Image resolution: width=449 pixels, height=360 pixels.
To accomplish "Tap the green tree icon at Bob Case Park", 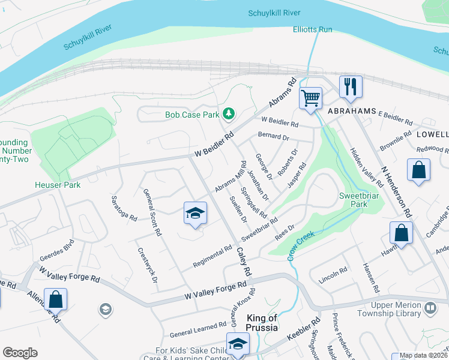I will tap(228, 113).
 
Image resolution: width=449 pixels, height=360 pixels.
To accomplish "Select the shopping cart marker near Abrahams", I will tap(310, 98).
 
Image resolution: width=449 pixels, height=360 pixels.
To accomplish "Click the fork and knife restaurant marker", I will tap(350, 87).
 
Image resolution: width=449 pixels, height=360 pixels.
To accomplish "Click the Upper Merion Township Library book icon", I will tap(430, 308).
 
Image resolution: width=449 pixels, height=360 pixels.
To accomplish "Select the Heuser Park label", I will tap(58, 185).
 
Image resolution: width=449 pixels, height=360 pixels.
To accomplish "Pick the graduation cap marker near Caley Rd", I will tap(195, 214).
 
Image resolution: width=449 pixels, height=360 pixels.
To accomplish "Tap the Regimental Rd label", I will tap(212, 257).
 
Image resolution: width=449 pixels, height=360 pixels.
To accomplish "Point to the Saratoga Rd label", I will tap(125, 208).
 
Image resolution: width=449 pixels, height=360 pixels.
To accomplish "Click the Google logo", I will tap(20, 352).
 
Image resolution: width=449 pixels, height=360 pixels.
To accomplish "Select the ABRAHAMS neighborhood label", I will tap(352, 112).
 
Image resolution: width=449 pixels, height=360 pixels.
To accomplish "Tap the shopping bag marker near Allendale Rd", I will tap(55, 299).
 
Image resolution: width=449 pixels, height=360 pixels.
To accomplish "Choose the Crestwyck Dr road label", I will tap(147, 265).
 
